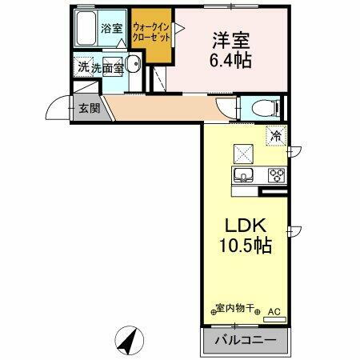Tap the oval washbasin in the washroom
pos(133,66)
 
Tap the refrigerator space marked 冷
pos(275,136)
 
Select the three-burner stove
pos(276,175)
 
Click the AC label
pos(274,310)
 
